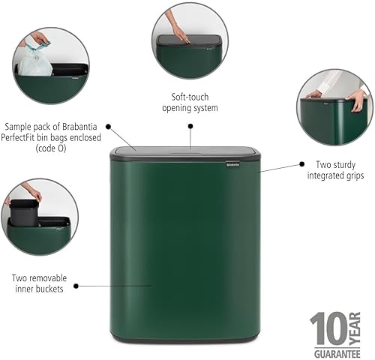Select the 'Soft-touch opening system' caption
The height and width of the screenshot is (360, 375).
[190, 103]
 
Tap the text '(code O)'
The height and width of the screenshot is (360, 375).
[51, 148]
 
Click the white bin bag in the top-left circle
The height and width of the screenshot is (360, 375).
[36, 61]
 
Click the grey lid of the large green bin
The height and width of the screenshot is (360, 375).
[186, 154]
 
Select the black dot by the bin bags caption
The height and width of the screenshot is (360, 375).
[108, 127]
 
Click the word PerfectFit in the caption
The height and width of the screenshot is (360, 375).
[34, 138]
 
